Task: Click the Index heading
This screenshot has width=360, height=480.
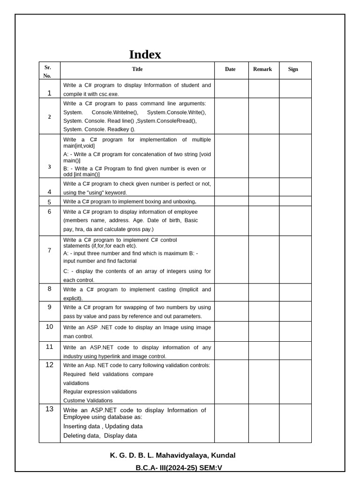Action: [145, 54]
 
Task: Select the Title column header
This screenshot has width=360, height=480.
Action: [137, 69]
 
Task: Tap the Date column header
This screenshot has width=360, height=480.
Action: [230, 69]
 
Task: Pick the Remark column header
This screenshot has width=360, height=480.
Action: [262, 69]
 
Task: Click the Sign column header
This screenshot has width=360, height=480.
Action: [293, 69]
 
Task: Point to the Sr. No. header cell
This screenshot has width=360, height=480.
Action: [47, 72]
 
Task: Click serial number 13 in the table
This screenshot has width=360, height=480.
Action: [49, 409]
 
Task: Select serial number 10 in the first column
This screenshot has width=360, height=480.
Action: [49, 327]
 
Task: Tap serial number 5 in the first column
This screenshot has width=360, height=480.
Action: [49, 202]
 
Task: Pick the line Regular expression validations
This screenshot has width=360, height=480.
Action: [100, 392]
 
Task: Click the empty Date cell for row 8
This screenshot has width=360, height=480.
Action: [231, 292]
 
